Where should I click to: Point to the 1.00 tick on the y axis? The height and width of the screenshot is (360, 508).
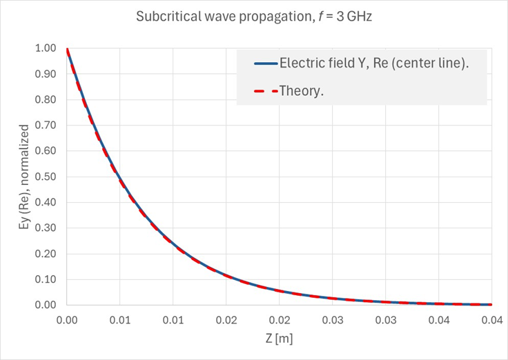pos(48,48)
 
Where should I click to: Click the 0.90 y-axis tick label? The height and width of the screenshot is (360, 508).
pos(48,74)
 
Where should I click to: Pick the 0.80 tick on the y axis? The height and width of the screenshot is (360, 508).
pos(48,99)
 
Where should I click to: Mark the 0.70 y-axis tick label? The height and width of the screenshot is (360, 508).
pos(48,125)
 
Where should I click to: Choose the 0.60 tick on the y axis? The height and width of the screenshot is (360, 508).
pos(48,151)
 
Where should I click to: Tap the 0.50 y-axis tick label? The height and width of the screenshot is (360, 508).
pos(48,177)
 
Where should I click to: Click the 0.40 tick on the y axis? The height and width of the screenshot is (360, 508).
pos(48,202)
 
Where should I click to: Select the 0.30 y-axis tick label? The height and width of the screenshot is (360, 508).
pos(48,228)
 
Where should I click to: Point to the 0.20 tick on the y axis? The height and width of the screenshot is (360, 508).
pos(48,253)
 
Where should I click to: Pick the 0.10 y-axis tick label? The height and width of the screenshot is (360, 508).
pos(48,279)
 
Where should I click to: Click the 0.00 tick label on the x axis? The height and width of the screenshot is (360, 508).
pos(67,320)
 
